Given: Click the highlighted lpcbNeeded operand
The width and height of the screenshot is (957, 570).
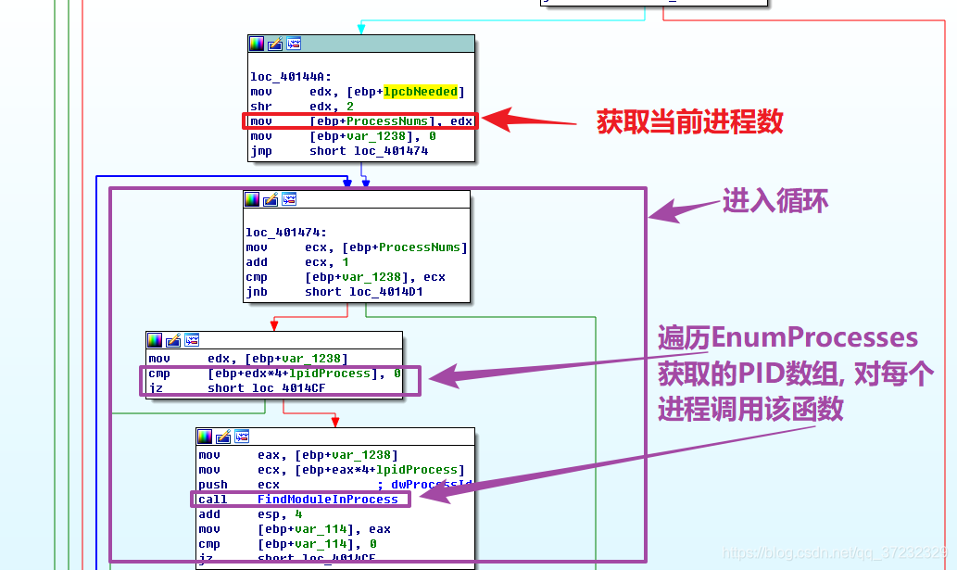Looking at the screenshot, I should (x=421, y=92).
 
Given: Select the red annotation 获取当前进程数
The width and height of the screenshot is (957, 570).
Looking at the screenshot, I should (x=690, y=121).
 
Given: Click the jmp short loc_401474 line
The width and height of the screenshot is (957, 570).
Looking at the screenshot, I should (x=339, y=151).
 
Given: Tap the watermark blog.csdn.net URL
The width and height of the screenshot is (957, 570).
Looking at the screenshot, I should (x=835, y=552).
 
